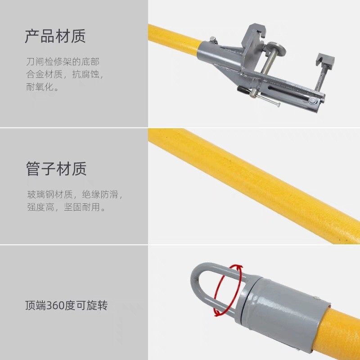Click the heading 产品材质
(55, 36)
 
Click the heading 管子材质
(56, 169)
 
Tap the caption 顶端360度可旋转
(66, 306)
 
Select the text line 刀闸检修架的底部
(63, 62)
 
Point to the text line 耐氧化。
(42, 87)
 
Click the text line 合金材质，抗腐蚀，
(65, 74)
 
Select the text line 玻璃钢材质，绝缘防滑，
(75, 194)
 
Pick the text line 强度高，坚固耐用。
(66, 207)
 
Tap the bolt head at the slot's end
(313, 100)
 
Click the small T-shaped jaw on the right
(325, 61)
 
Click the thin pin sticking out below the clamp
(267, 100)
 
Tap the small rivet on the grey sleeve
(317, 298)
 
